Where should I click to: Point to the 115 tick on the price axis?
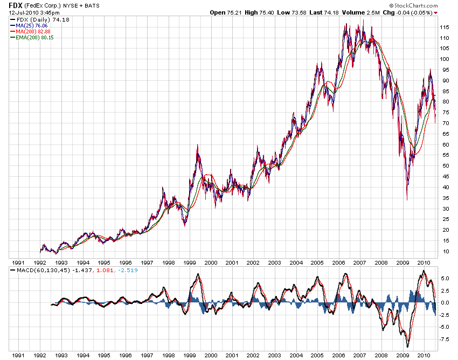pos(445,27)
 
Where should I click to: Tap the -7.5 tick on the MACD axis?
pos(445,340)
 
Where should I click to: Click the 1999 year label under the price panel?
pos(189,263)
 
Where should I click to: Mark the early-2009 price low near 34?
pos(407,200)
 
